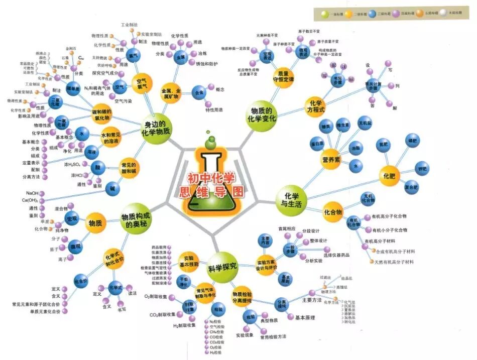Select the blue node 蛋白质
317,143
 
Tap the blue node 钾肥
423,169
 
